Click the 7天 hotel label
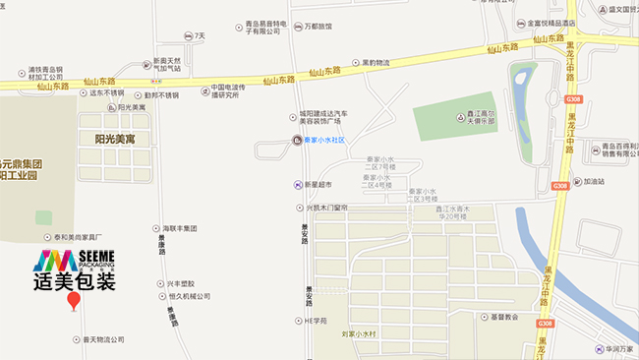click(200, 35)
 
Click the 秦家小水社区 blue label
click(329, 141)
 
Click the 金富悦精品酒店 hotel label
click(554, 21)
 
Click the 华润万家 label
click(616, 347)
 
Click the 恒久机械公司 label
click(190, 296)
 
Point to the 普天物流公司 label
click(103, 339)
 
